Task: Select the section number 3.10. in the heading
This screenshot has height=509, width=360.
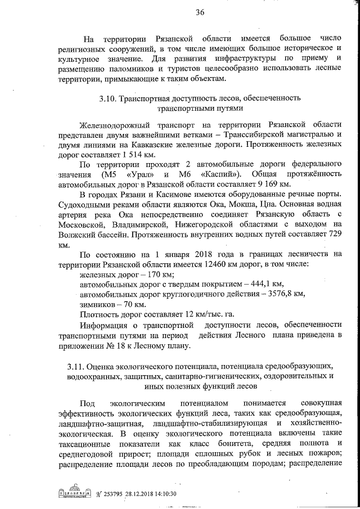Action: (107, 99)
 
